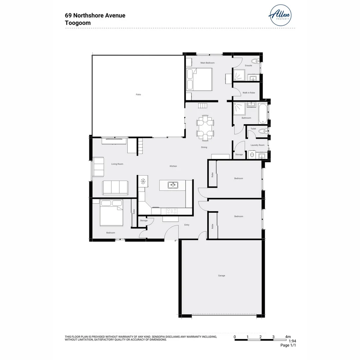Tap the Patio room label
pos(138,95)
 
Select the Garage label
pos(222,276)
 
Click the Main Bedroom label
pos(207,63)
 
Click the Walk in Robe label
pos(249,93)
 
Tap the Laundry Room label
pos(257,145)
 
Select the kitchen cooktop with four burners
pos(172,211)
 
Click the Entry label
pos(187,225)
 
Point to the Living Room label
pos(117,164)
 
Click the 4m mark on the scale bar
pos(288,337)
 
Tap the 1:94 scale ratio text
pos(292,341)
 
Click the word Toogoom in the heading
pos(78,23)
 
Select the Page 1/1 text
pos(288,345)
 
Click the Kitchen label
pos(173,166)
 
